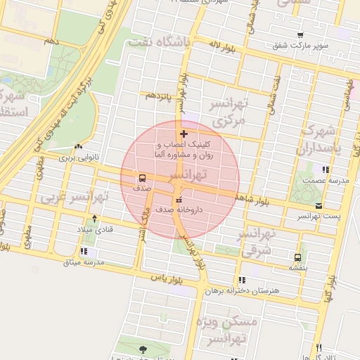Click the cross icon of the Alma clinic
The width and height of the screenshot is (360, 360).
[184, 134]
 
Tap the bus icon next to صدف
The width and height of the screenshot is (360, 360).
[143, 178]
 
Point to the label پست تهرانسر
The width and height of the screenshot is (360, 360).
[318, 216]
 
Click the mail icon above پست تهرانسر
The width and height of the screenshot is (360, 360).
[319, 206]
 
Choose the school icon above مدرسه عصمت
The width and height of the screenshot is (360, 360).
[325, 169]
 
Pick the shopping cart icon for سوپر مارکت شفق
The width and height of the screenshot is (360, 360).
[300, 35]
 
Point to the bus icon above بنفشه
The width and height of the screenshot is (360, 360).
[298, 257]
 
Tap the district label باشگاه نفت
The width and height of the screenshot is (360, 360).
[158, 44]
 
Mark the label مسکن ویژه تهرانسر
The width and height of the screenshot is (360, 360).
[234, 330]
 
